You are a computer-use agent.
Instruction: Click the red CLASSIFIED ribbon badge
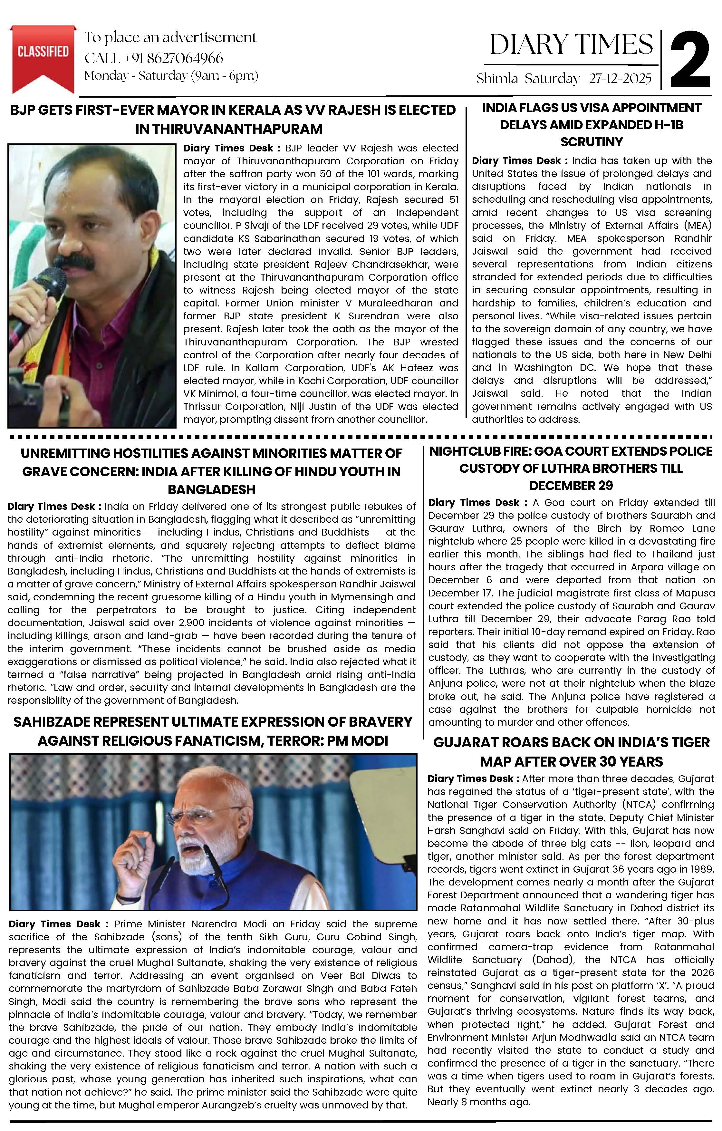coord(43,54)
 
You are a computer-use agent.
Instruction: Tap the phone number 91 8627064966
coord(177,58)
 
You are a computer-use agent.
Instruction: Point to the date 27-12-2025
coord(620,78)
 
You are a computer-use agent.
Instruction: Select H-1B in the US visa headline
coord(660,125)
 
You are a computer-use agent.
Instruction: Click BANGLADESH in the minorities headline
coord(211,489)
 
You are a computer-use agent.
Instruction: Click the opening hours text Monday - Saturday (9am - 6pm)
coord(171,76)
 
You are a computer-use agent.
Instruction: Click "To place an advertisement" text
coord(170,38)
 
